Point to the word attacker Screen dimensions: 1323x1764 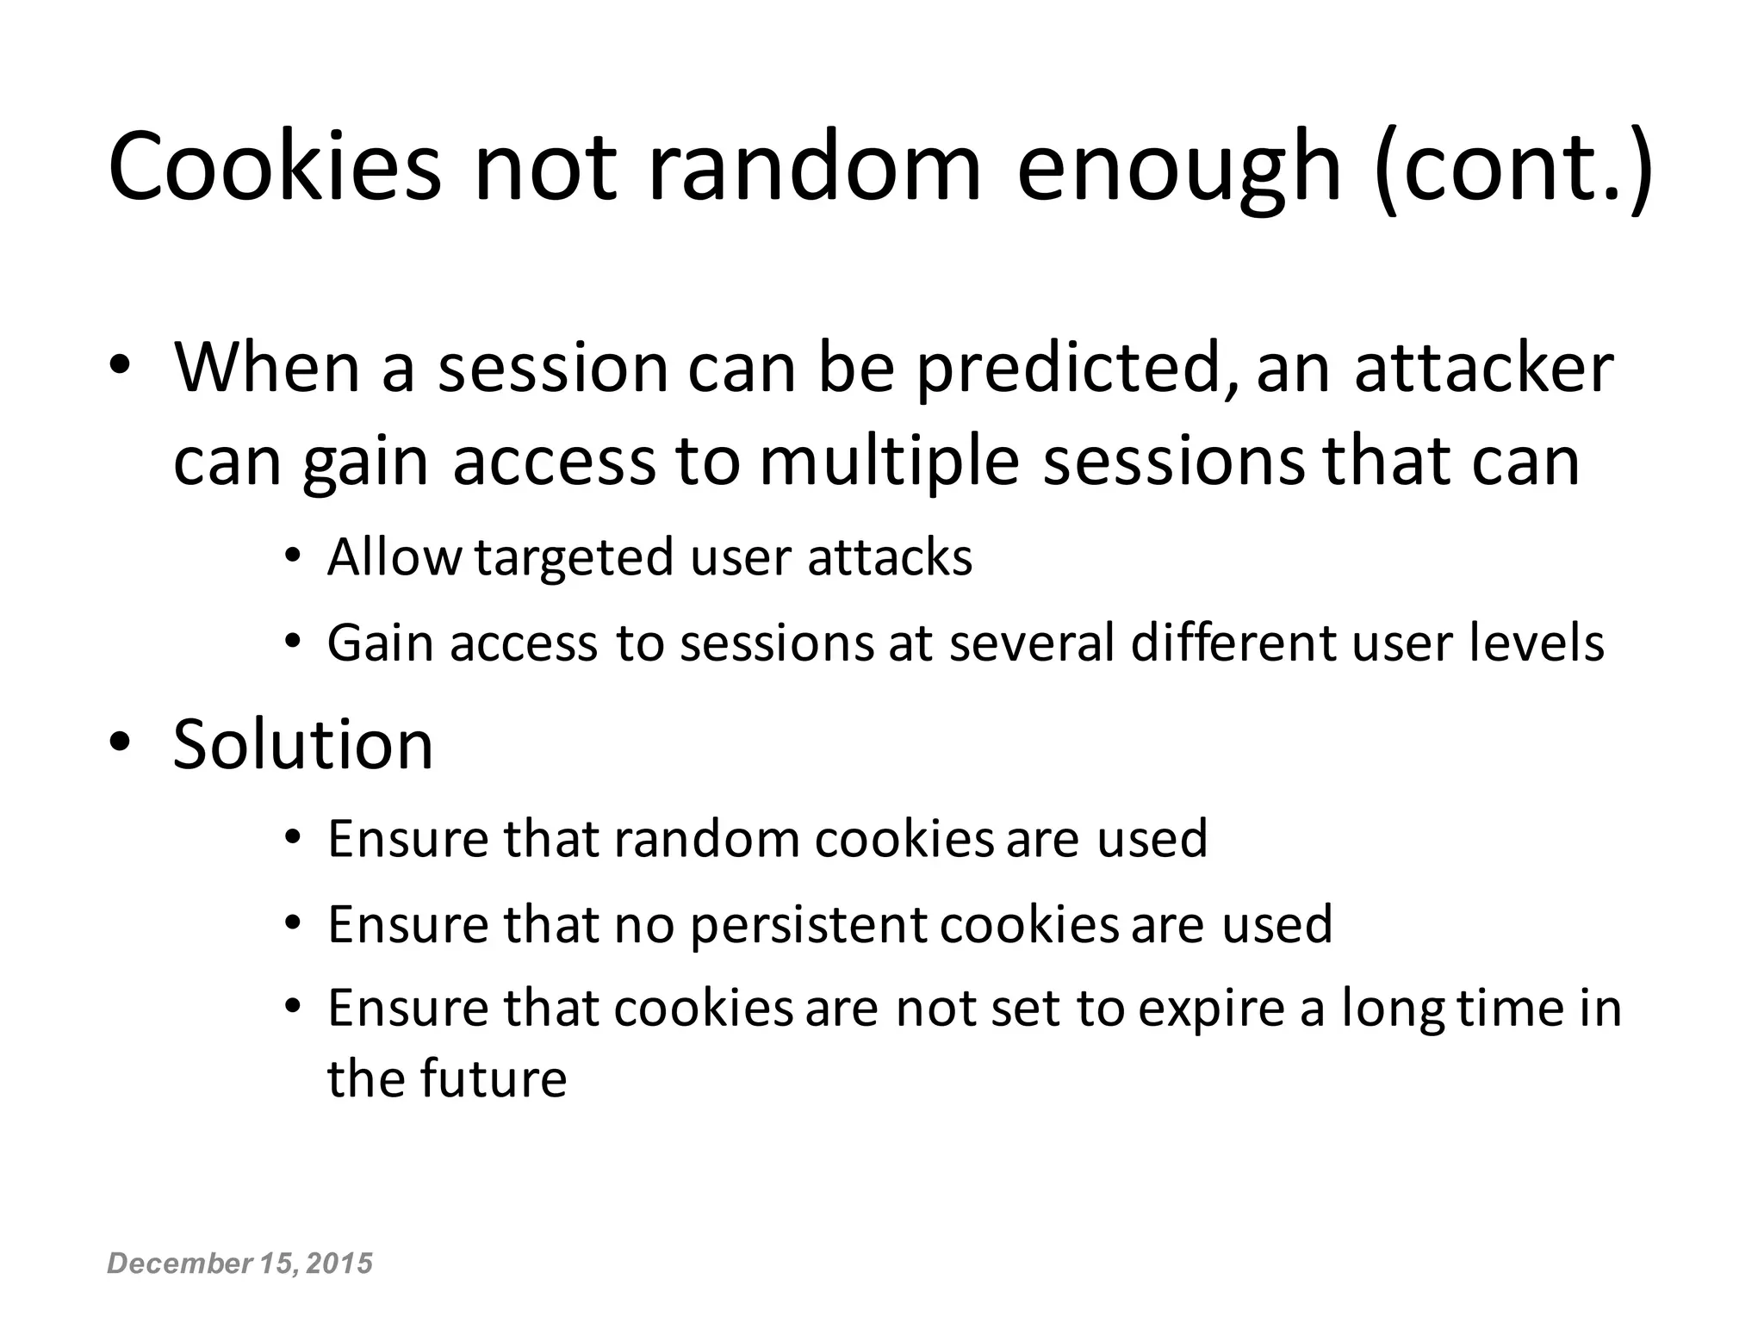click(x=1483, y=369)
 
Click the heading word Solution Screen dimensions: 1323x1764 click(x=303, y=743)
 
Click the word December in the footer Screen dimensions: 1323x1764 click(x=177, y=1264)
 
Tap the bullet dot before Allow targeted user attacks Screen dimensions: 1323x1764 click(x=293, y=557)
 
